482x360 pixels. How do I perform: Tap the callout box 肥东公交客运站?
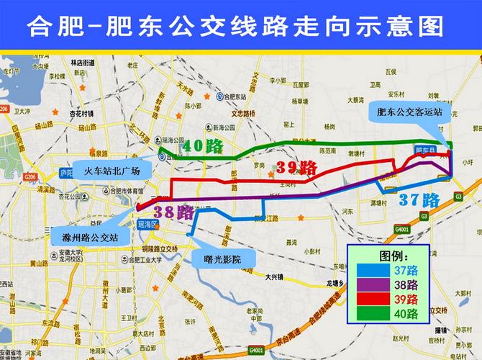pos(409,112)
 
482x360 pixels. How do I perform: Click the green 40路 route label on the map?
pos(202,146)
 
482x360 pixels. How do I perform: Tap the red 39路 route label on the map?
pos(296,168)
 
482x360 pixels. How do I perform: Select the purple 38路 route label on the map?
pos(173,212)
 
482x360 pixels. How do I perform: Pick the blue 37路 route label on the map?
pos(419,199)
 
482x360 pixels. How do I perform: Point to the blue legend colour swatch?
pos(371,271)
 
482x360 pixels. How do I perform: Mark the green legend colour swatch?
pos(371,313)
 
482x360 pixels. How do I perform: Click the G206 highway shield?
pos(29,176)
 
